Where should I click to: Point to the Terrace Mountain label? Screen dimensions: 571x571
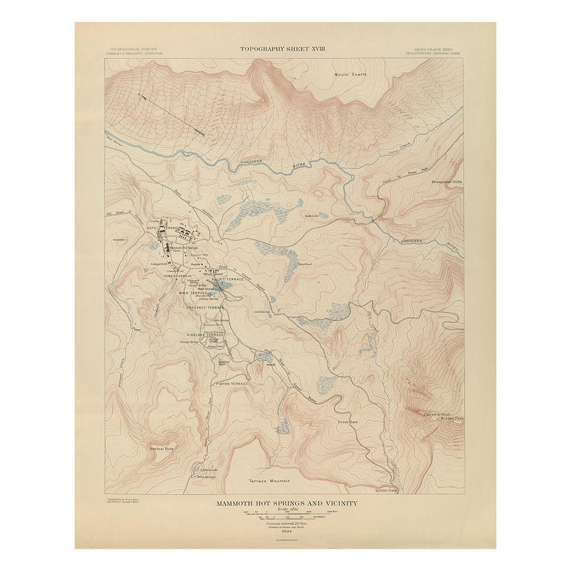pos(269,481)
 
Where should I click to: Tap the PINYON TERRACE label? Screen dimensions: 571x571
pos(232,383)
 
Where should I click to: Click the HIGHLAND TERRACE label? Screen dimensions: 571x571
pos(205,335)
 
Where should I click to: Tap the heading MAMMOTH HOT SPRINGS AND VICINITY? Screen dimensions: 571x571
pos(285,502)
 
